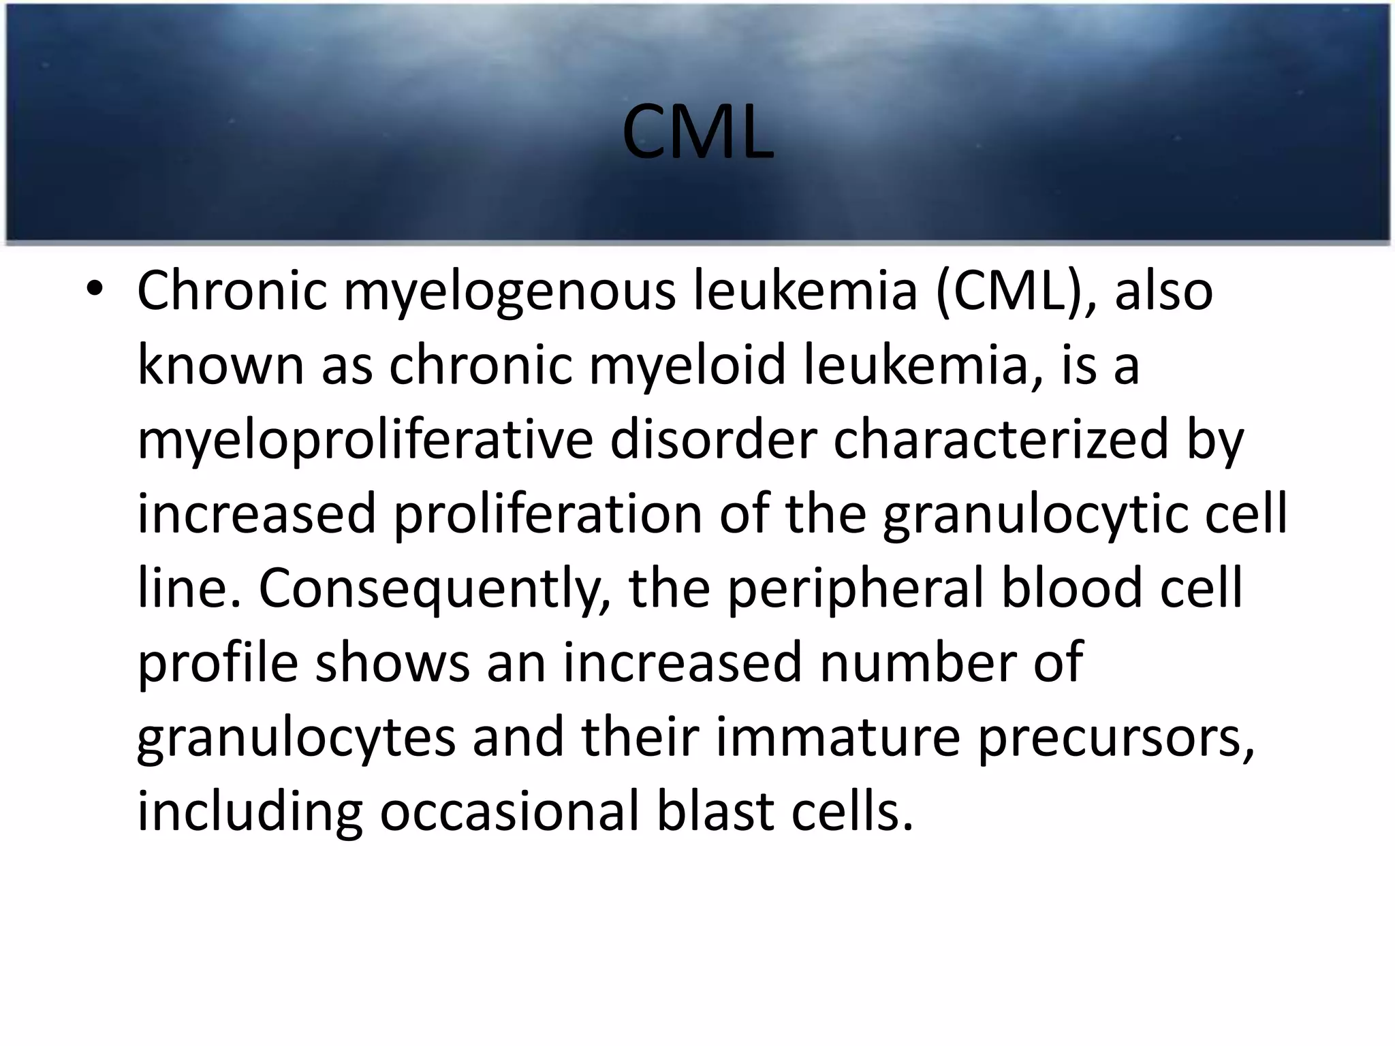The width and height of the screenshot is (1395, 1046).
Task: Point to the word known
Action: pos(220,365)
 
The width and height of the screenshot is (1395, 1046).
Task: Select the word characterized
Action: pos(1001,439)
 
